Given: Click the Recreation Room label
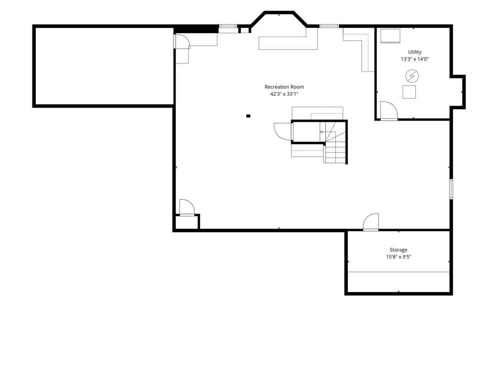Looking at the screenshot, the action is tap(284, 87).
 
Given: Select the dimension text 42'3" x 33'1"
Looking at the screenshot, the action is tap(284, 94).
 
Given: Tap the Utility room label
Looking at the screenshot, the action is tap(415, 52).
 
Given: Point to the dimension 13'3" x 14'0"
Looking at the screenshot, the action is tap(415, 59).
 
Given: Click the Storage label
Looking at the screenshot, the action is tap(398, 249).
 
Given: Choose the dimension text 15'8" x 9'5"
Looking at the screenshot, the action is tap(398, 257).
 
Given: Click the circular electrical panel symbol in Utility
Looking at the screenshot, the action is tap(412, 76).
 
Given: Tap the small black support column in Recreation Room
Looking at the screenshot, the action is tap(248, 116).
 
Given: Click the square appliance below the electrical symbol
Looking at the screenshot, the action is tap(409, 92).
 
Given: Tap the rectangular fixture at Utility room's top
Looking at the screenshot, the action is tap(390, 36).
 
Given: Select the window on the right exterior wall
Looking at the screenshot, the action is tap(451, 189).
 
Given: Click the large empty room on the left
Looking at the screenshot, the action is tap(104, 66).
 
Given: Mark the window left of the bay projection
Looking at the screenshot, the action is tap(228, 26).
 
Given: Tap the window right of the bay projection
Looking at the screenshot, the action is tap(329, 26).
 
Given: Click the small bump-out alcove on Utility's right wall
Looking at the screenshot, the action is tap(457, 92).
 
